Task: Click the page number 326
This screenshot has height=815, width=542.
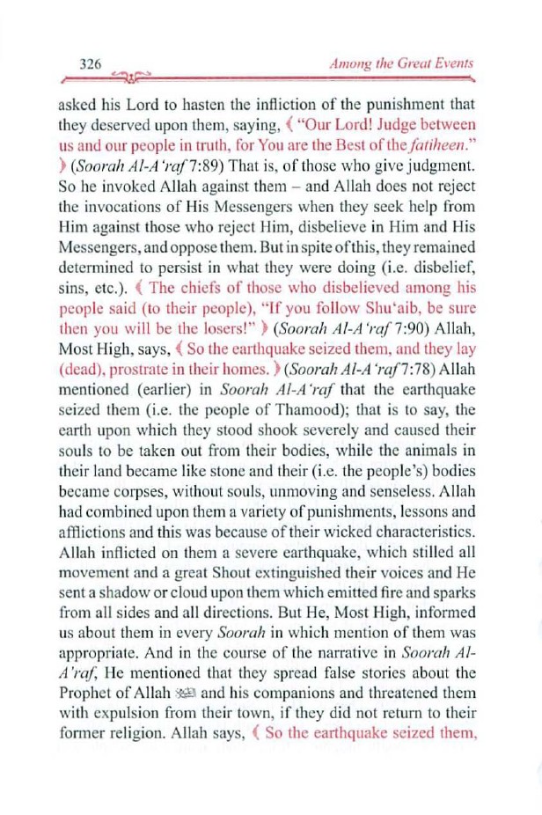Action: coord(92,63)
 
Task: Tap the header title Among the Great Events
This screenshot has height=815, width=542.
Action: coord(400,63)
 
